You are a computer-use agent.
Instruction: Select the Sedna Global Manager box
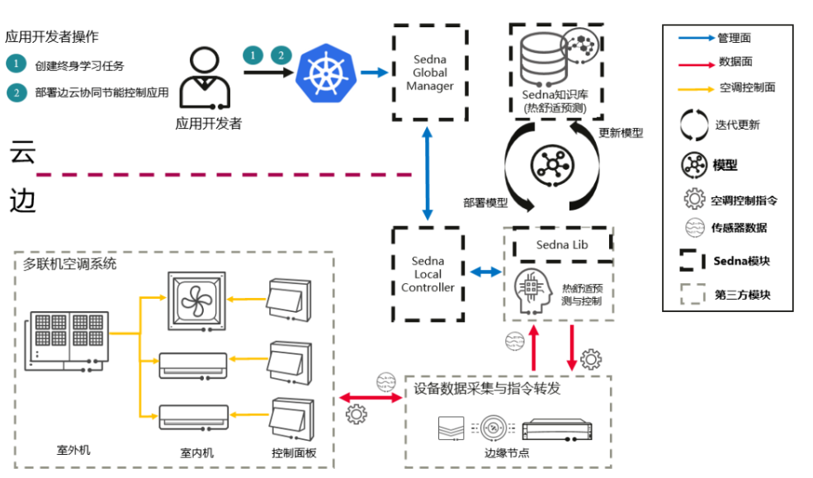429,73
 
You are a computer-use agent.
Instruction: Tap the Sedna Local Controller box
428,274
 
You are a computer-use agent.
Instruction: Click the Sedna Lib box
561,245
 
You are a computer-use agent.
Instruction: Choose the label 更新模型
620,133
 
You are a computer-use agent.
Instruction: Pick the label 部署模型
485,202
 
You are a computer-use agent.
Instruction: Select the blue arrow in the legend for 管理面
695,38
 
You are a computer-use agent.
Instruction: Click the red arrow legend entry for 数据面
695,62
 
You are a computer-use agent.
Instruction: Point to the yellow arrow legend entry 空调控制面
695,87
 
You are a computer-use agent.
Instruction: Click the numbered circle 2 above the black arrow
281,55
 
